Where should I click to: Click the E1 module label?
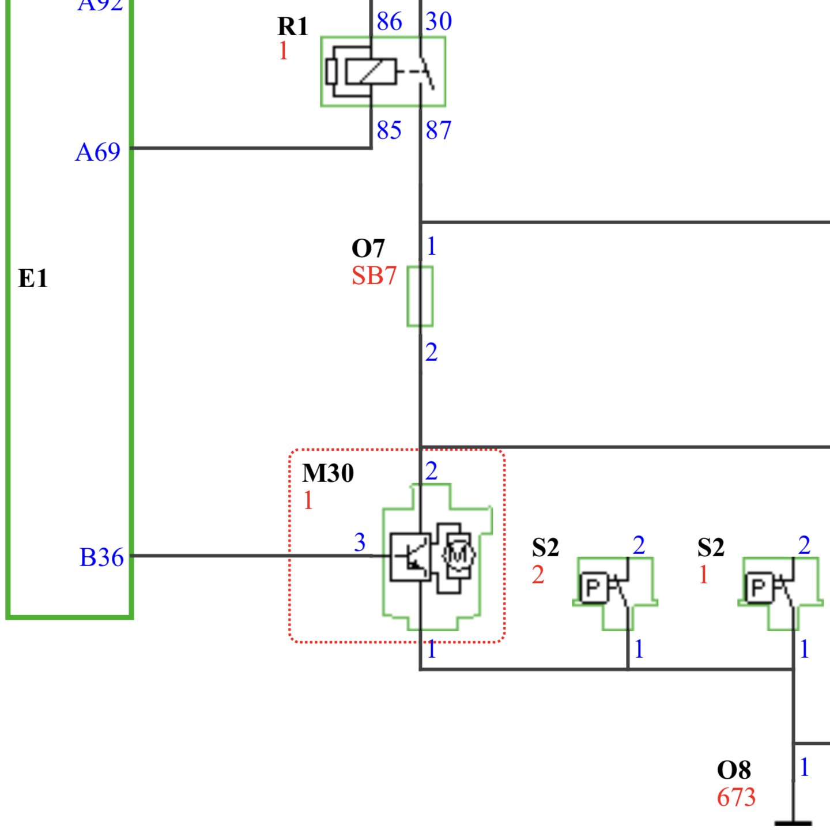[33, 278]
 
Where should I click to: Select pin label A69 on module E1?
[98, 153]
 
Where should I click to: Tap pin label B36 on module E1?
[101, 557]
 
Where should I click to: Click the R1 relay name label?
[293, 27]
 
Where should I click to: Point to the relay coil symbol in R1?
[371, 72]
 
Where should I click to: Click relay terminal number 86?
[389, 22]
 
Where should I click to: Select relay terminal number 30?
[439, 22]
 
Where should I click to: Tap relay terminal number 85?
[389, 130]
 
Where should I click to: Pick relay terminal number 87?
[439, 130]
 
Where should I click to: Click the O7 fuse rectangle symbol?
[420, 296]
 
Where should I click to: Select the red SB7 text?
[374, 276]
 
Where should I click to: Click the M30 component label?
[328, 473]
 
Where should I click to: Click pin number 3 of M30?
[360, 542]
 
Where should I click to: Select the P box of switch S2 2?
[593, 587]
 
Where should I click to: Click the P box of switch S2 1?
[759, 587]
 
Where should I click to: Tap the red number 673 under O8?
[736, 798]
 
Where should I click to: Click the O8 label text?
[734, 770]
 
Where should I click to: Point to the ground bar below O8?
[793, 823]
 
